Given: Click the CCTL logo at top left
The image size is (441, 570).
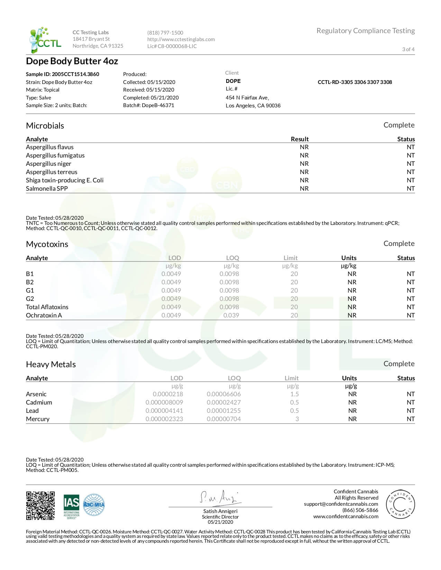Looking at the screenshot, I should pos(45,40).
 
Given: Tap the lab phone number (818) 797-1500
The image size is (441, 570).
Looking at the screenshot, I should pos(165,33).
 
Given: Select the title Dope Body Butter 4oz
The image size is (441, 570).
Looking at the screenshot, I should pos(72,61).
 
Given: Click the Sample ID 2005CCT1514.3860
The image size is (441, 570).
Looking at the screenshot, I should pos(63,74).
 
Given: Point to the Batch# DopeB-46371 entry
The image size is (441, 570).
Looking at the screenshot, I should pos(148,105).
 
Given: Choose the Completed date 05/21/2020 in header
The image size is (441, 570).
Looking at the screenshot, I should pos(151,98).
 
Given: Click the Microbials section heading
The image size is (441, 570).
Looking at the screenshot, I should pos(45,126).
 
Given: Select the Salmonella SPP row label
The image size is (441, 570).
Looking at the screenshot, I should pos(47,189).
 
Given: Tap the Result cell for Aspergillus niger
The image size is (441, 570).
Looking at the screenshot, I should pos(304,164).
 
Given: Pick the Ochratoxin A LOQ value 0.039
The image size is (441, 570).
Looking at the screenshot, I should pos(231,315).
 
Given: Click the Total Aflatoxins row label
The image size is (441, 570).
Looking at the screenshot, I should pos(47,307).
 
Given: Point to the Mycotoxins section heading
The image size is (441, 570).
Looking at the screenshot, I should pos(47,244).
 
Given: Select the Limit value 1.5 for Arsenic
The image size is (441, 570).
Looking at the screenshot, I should pos(294,394).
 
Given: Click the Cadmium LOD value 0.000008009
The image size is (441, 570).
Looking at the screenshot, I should pos(164,402).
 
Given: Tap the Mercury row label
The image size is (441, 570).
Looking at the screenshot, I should pos(38,419).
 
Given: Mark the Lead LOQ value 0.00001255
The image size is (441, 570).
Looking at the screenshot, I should pos(224,411).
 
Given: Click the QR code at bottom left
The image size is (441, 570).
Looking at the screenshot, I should pos(40,505).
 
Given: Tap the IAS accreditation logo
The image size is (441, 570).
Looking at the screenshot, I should pos(71,506).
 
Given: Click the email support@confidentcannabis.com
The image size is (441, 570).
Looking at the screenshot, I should pos(341,504).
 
